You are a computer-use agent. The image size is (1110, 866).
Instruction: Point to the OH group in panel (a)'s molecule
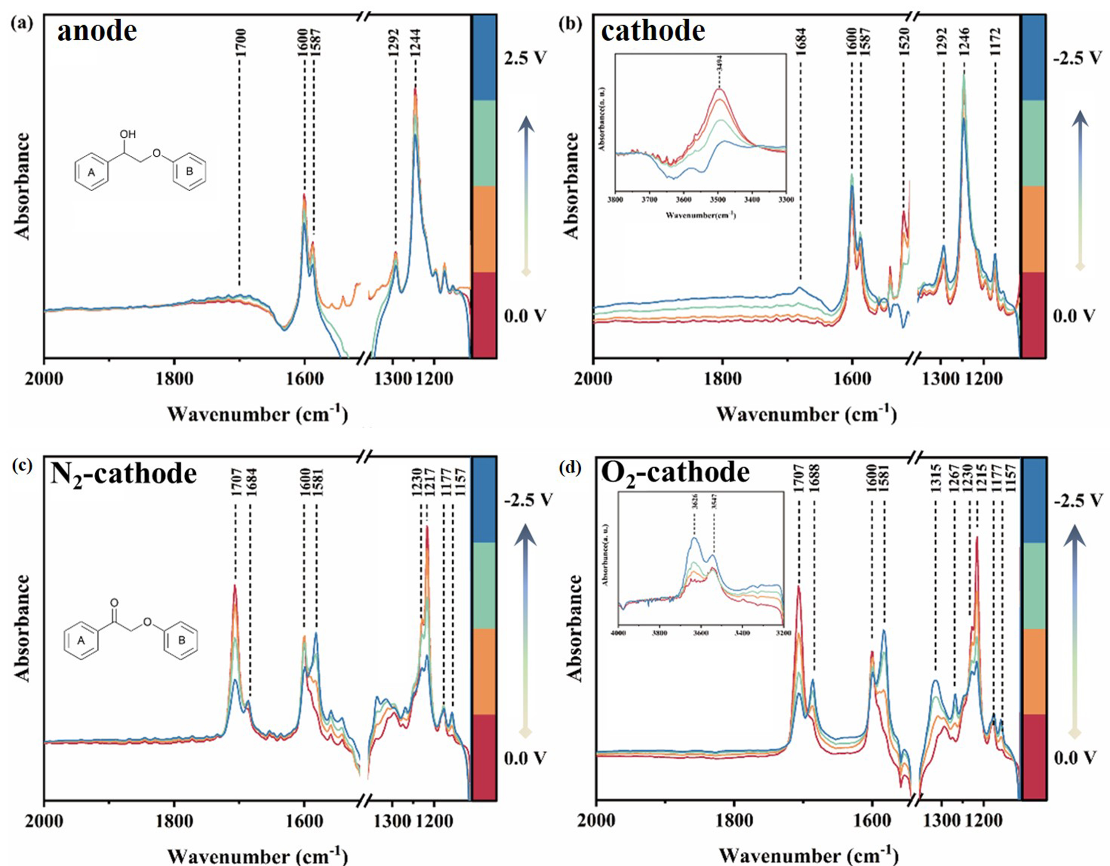tap(128, 135)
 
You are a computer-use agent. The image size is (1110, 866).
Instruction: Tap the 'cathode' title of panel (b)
tap(653, 32)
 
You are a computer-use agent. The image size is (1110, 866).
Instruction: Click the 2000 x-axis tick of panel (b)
tap(593, 379)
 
